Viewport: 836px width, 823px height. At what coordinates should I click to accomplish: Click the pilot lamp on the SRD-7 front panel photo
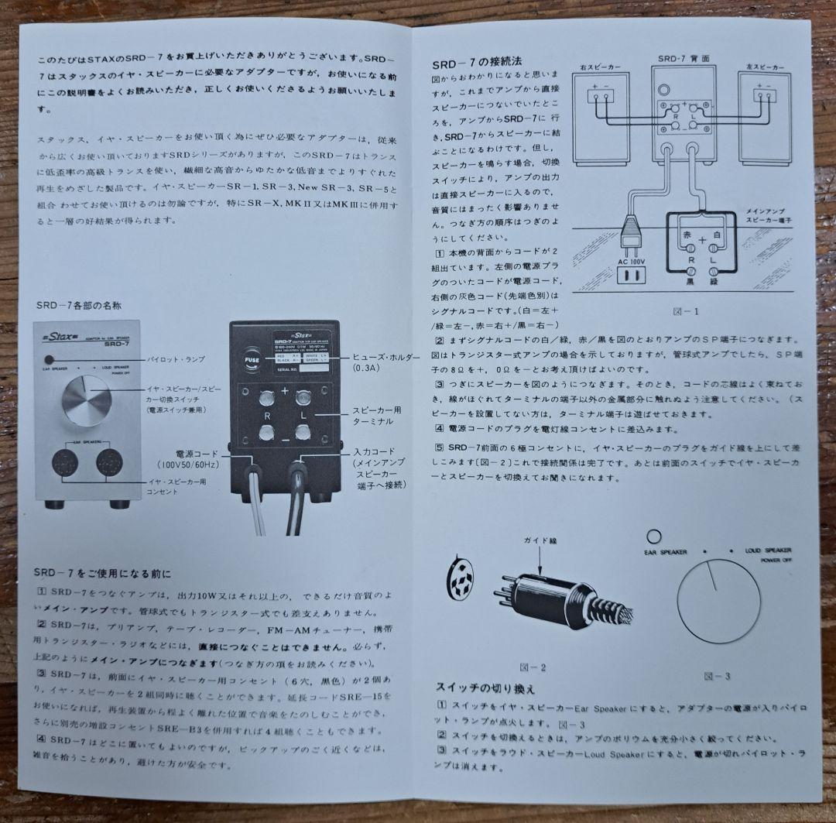pyautogui.click(x=50, y=359)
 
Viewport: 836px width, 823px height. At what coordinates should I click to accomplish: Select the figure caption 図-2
pyautogui.click(x=534, y=667)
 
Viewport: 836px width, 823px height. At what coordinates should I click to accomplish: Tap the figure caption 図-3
pyautogui.click(x=717, y=676)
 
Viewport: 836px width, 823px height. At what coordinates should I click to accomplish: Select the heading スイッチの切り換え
pyautogui.click(x=485, y=688)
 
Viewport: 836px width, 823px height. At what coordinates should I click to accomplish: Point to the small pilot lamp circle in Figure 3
pyautogui.click(x=655, y=535)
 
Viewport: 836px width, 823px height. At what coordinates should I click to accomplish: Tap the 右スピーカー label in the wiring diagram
pyautogui.click(x=598, y=67)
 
